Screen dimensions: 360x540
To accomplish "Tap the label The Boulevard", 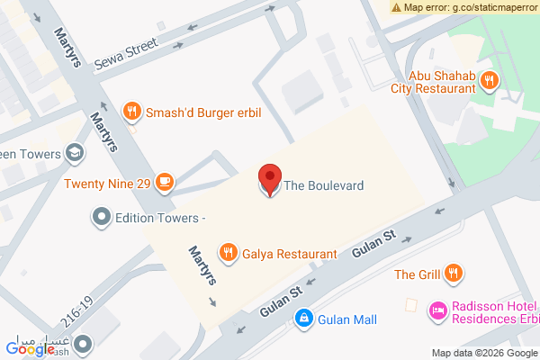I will click(323, 185).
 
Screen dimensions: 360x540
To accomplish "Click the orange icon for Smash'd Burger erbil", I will click(131, 112).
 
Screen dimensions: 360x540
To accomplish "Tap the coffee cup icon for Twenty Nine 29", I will click(164, 183).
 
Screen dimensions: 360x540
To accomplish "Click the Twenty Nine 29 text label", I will click(106, 184).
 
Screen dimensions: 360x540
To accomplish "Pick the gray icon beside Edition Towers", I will click(102, 217).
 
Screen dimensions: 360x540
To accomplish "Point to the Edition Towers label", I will click(161, 218).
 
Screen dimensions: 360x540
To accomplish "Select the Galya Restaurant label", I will click(289, 255).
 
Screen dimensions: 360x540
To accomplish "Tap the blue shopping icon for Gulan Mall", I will click(304, 319).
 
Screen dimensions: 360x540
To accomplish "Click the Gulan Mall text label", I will click(346, 319).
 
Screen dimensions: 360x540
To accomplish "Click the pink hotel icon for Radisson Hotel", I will click(437, 310).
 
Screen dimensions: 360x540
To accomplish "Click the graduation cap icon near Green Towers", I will click(76, 154).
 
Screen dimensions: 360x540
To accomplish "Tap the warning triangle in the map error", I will click(396, 7).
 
